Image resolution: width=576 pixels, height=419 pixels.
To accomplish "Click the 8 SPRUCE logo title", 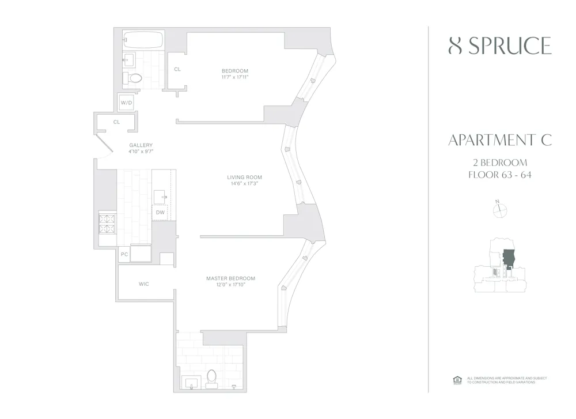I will click(499, 46).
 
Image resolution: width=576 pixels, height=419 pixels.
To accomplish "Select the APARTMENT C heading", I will click(499, 140).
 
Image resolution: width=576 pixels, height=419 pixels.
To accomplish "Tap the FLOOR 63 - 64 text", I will click(499, 175).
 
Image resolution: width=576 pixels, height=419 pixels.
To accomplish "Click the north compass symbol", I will click(499, 210).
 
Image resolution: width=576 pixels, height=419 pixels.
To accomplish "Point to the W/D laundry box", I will click(126, 103).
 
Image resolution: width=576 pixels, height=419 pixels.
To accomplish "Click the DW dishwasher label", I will click(161, 213).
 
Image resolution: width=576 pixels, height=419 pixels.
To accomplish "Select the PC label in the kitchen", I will click(124, 254).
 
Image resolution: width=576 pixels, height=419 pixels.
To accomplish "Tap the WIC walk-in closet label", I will click(144, 284).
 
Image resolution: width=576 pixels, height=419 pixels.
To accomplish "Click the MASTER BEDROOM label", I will click(230, 278).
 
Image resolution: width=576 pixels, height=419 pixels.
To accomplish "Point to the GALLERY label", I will click(141, 145).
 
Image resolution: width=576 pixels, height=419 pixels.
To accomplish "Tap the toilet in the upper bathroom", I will click(134, 78).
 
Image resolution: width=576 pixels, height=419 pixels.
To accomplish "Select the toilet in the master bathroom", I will click(211, 377).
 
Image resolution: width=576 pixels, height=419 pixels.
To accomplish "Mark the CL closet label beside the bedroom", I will click(177, 69).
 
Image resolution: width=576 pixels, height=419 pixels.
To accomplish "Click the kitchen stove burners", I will click(108, 224).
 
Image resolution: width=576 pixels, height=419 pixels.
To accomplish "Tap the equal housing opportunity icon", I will click(457, 379).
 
